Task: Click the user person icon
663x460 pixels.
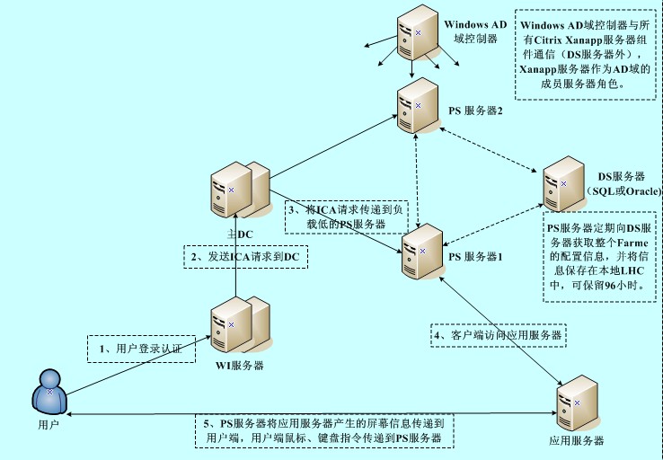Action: point(49,394)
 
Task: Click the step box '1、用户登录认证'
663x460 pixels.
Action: point(141,348)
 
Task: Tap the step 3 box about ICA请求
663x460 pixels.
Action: point(347,217)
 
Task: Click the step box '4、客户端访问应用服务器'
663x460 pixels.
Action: point(499,335)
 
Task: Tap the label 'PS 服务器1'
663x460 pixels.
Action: point(475,256)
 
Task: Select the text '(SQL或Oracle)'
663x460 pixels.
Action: point(623,192)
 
